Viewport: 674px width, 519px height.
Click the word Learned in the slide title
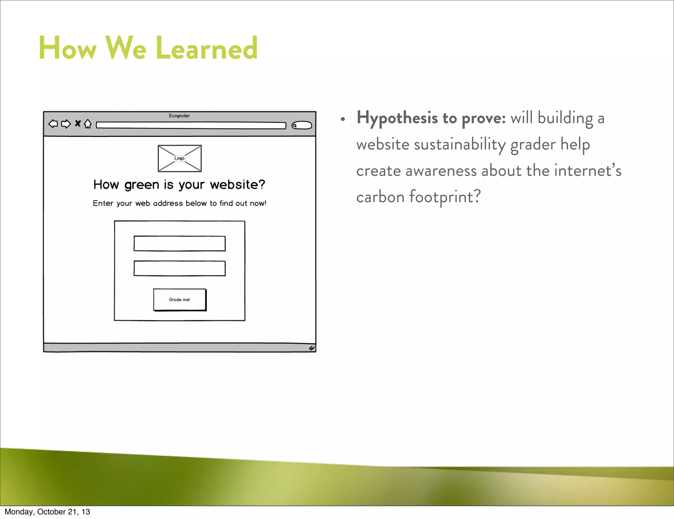pyautogui.click(x=207, y=48)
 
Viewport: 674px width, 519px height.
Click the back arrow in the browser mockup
pyautogui.click(x=53, y=124)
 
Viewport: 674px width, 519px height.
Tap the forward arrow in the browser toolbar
pyautogui.click(x=66, y=124)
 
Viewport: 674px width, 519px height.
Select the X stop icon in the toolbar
pyautogui.click(x=78, y=123)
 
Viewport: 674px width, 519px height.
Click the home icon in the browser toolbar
pyautogui.click(x=88, y=124)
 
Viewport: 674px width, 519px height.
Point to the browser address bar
pyautogui.click(x=191, y=125)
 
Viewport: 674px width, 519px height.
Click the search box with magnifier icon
pyautogui.click(x=301, y=125)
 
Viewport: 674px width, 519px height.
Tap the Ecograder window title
pyautogui.click(x=179, y=116)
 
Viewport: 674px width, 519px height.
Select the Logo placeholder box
pyautogui.click(x=179, y=158)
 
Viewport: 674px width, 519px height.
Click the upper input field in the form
pyautogui.click(x=179, y=244)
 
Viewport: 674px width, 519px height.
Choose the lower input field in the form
pyautogui.click(x=179, y=268)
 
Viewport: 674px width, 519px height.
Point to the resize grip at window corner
pyautogui.click(x=311, y=348)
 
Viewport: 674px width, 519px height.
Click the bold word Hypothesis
pyautogui.click(x=397, y=118)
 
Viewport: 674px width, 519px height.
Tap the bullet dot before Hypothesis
pyautogui.click(x=343, y=119)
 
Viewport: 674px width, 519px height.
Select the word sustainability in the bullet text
pyautogui.click(x=459, y=145)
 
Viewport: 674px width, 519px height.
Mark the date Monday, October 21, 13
pyautogui.click(x=47, y=512)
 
